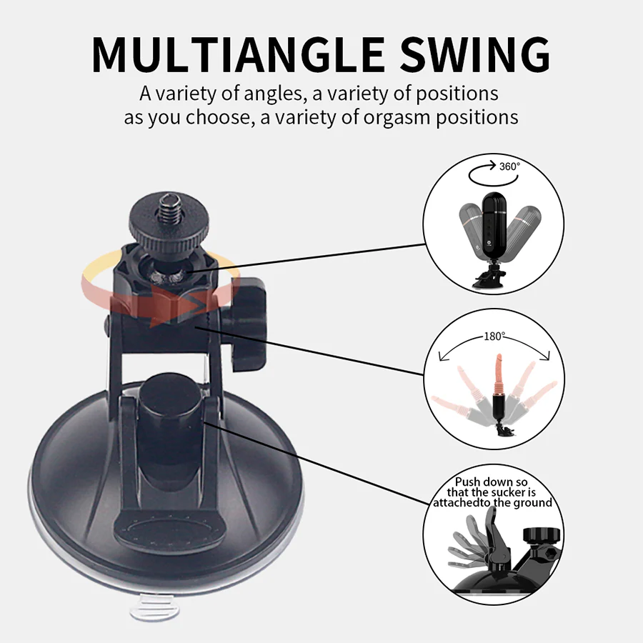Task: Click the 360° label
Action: tap(509, 166)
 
